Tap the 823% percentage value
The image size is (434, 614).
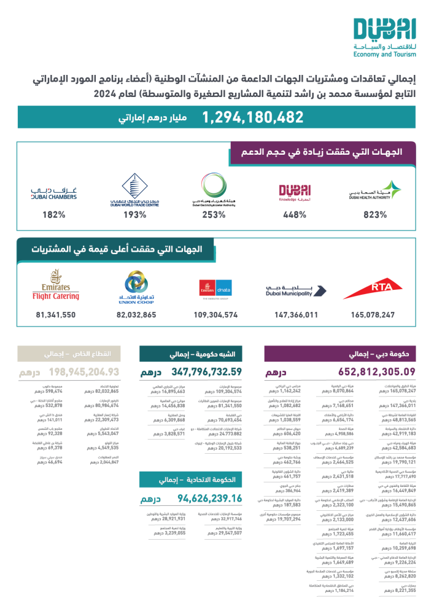[374, 215]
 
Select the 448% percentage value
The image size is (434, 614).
[295, 215]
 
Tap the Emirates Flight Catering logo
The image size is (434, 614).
[56, 288]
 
